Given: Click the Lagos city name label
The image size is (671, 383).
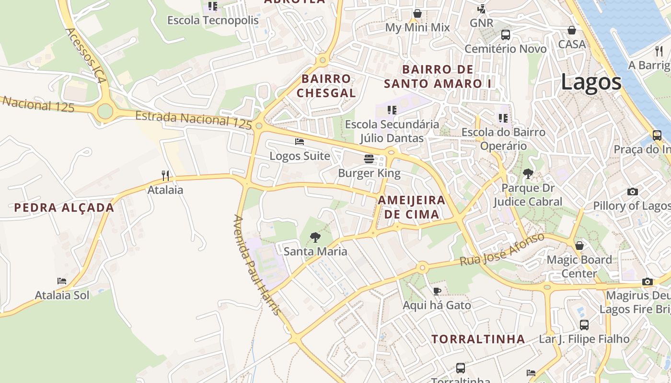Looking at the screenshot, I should (x=591, y=82).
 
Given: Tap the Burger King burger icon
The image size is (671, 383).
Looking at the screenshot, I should (x=369, y=158).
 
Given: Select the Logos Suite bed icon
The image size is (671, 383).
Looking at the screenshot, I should (x=300, y=142).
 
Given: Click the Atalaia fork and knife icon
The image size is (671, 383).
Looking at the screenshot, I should (x=165, y=176).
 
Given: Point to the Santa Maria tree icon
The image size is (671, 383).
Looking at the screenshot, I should (x=315, y=237).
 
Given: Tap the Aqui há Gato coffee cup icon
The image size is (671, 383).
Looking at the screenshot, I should (x=437, y=291).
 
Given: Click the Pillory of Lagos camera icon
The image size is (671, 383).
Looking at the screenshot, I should (x=632, y=192).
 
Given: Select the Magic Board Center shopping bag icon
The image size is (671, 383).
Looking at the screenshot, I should (x=579, y=246).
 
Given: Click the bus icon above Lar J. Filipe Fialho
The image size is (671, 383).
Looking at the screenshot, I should (x=584, y=325).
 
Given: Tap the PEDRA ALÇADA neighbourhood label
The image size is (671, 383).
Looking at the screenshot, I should (x=64, y=208).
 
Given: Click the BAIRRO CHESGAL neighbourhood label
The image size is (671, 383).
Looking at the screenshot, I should (x=326, y=86).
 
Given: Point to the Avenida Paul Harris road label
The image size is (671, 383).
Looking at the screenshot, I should (x=256, y=265).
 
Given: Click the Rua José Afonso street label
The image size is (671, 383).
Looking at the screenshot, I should (x=502, y=249).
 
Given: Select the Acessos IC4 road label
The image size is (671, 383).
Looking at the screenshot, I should (x=85, y=55).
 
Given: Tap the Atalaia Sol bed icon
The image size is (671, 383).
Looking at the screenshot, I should (x=62, y=281).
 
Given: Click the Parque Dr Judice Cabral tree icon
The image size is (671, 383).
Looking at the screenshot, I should (x=528, y=174).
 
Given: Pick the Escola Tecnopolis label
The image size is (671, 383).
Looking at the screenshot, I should (x=213, y=21).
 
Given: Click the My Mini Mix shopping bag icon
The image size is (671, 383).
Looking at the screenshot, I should (x=417, y=13).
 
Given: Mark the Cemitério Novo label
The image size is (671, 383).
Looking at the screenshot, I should (x=506, y=49).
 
